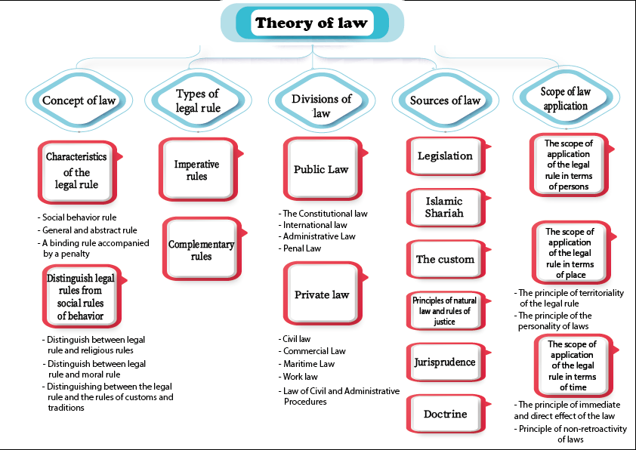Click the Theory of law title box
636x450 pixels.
(x=311, y=23)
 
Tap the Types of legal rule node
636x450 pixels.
(x=197, y=100)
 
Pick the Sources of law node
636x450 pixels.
(x=445, y=100)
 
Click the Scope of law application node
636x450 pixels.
(x=565, y=99)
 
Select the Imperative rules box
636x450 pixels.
(x=196, y=170)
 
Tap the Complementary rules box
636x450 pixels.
(x=200, y=250)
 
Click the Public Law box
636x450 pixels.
(x=321, y=169)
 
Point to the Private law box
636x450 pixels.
(x=322, y=294)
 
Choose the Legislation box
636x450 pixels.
(x=445, y=156)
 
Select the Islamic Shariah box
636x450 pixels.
(x=445, y=207)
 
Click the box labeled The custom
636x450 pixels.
(x=445, y=259)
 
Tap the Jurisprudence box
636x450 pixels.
(x=445, y=362)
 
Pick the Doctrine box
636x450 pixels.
(x=445, y=414)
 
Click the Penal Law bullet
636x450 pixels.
(x=301, y=248)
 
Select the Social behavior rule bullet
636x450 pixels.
(x=80, y=218)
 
